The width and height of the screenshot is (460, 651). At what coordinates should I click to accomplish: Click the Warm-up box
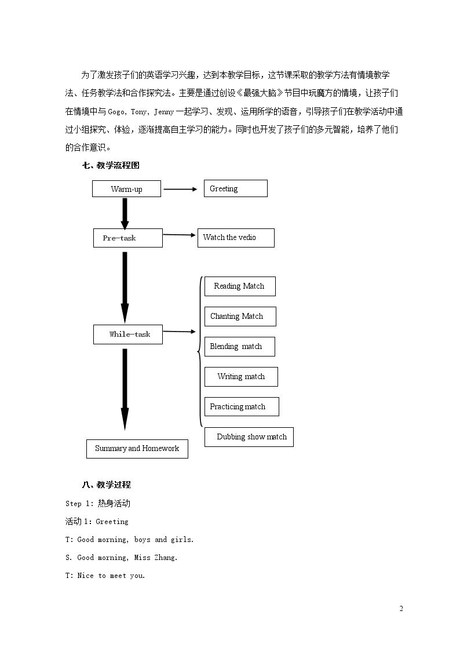[126, 189]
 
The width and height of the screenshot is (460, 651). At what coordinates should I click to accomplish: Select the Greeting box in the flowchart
[236, 188]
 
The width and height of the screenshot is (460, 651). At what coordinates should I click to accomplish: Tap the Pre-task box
[128, 238]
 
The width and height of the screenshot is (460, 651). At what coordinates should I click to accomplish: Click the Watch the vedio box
[236, 238]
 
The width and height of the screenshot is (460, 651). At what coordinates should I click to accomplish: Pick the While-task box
[128, 334]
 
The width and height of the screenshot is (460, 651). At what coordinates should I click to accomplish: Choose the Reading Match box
[240, 286]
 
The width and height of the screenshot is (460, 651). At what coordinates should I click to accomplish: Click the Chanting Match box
[240, 317]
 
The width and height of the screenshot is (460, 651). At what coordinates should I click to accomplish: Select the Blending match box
[240, 347]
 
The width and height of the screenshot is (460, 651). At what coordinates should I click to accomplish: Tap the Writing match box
[242, 377]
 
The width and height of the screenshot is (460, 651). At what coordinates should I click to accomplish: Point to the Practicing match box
[242, 406]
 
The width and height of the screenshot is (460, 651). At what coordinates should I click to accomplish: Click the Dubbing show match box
[249, 437]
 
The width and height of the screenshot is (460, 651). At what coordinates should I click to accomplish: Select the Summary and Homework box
[137, 449]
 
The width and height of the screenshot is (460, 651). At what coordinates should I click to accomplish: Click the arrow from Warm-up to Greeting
[180, 190]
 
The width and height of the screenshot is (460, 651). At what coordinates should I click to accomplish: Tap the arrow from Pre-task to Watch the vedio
[179, 235]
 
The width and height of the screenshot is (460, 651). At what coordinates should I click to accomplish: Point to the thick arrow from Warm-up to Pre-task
[125, 213]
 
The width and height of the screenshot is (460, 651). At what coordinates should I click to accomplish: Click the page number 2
[401, 609]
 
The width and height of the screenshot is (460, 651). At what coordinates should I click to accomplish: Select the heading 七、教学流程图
[111, 165]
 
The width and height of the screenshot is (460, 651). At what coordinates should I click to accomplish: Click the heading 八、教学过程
[107, 485]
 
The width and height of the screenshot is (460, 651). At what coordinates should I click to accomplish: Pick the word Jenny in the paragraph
[164, 112]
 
